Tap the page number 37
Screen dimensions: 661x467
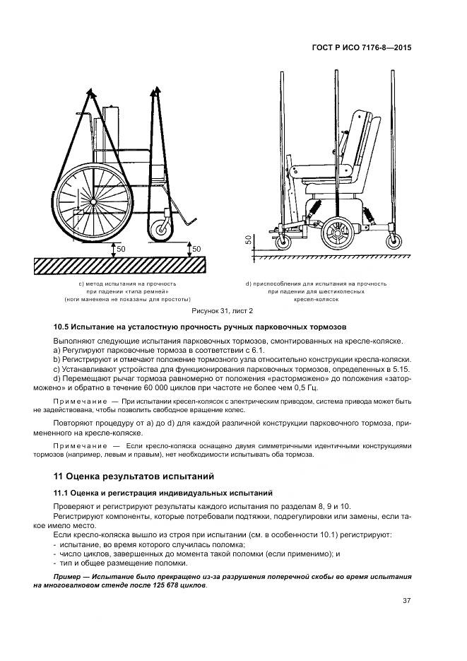[x=406, y=602]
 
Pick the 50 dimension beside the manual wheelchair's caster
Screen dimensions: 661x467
[x=196, y=249]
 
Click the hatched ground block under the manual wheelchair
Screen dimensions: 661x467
[x=120, y=266]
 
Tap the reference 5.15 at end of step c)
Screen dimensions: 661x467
[x=402, y=369]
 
